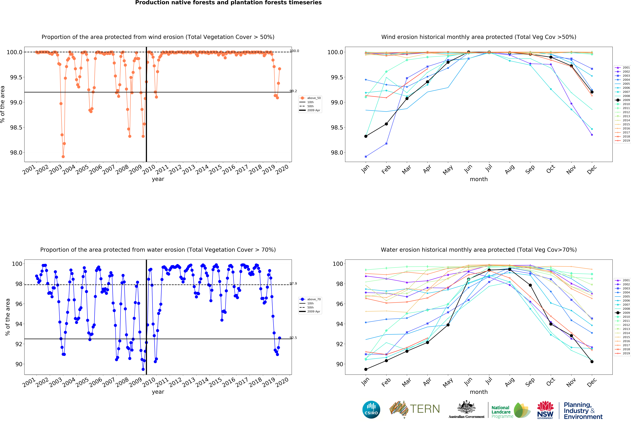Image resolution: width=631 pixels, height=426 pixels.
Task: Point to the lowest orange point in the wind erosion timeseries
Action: (x=63, y=157)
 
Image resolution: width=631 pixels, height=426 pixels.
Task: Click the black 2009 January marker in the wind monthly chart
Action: (x=366, y=136)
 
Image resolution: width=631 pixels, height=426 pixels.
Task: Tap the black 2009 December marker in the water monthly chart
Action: (x=592, y=362)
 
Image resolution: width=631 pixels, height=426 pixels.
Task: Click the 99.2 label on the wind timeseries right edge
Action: (x=293, y=91)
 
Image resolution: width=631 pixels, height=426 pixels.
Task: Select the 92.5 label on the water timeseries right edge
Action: (x=293, y=338)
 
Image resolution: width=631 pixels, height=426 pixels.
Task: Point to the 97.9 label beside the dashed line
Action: (x=293, y=284)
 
